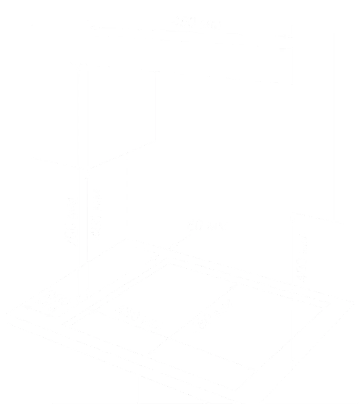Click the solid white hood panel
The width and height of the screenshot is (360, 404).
(x=190, y=59)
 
